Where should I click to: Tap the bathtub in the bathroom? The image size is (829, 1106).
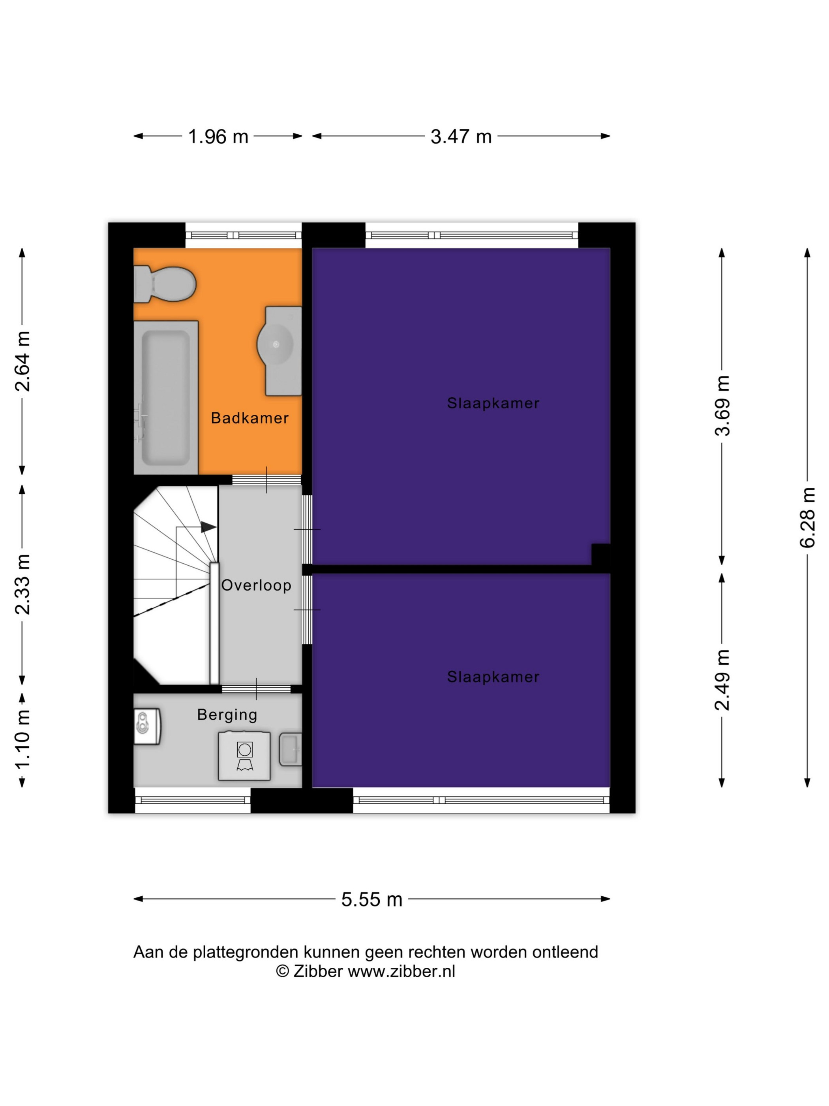pyautogui.click(x=165, y=397)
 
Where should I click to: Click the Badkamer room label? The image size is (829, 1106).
pyautogui.click(x=249, y=418)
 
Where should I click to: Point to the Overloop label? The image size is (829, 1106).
pyautogui.click(x=256, y=585)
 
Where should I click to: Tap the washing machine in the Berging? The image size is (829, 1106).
pyautogui.click(x=244, y=756)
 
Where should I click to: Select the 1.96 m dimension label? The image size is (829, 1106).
pyautogui.click(x=218, y=137)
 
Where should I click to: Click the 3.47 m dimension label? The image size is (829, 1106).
pyautogui.click(x=461, y=137)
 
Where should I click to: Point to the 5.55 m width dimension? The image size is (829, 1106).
pyautogui.click(x=372, y=899)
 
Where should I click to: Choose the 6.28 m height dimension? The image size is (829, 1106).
pyautogui.click(x=808, y=517)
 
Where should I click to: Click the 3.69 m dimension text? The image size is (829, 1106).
pyautogui.click(x=722, y=406)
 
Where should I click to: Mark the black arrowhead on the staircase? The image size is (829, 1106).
pyautogui.click(x=208, y=527)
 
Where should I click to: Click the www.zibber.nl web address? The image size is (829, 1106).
pyautogui.click(x=401, y=971)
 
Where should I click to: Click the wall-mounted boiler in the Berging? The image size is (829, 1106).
pyautogui.click(x=147, y=726)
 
